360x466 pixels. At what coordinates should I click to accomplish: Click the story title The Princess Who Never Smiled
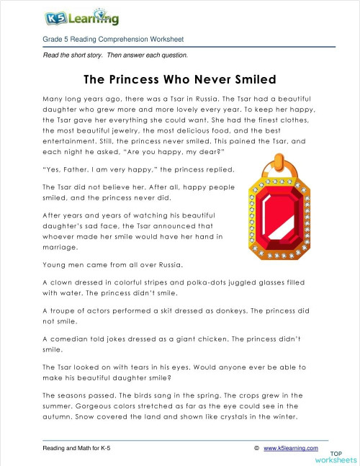[180, 78]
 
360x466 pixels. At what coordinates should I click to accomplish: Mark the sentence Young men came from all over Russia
[115, 264]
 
